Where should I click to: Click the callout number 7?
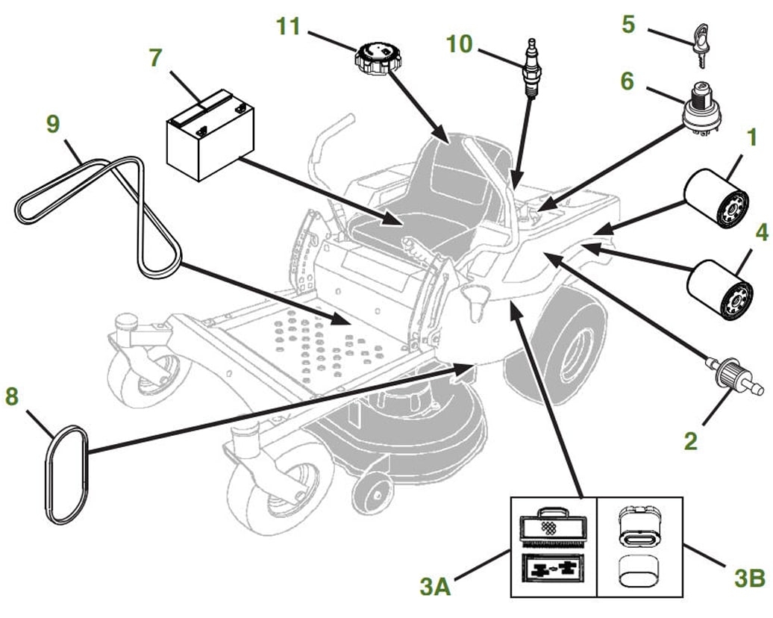pyautogui.click(x=155, y=58)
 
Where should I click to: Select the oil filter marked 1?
pyautogui.click(x=716, y=198)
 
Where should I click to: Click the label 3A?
pyautogui.click(x=436, y=587)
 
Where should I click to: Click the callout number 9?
pyautogui.click(x=53, y=124)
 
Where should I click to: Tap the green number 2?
pyautogui.click(x=691, y=441)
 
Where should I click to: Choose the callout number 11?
pyautogui.click(x=288, y=27)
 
